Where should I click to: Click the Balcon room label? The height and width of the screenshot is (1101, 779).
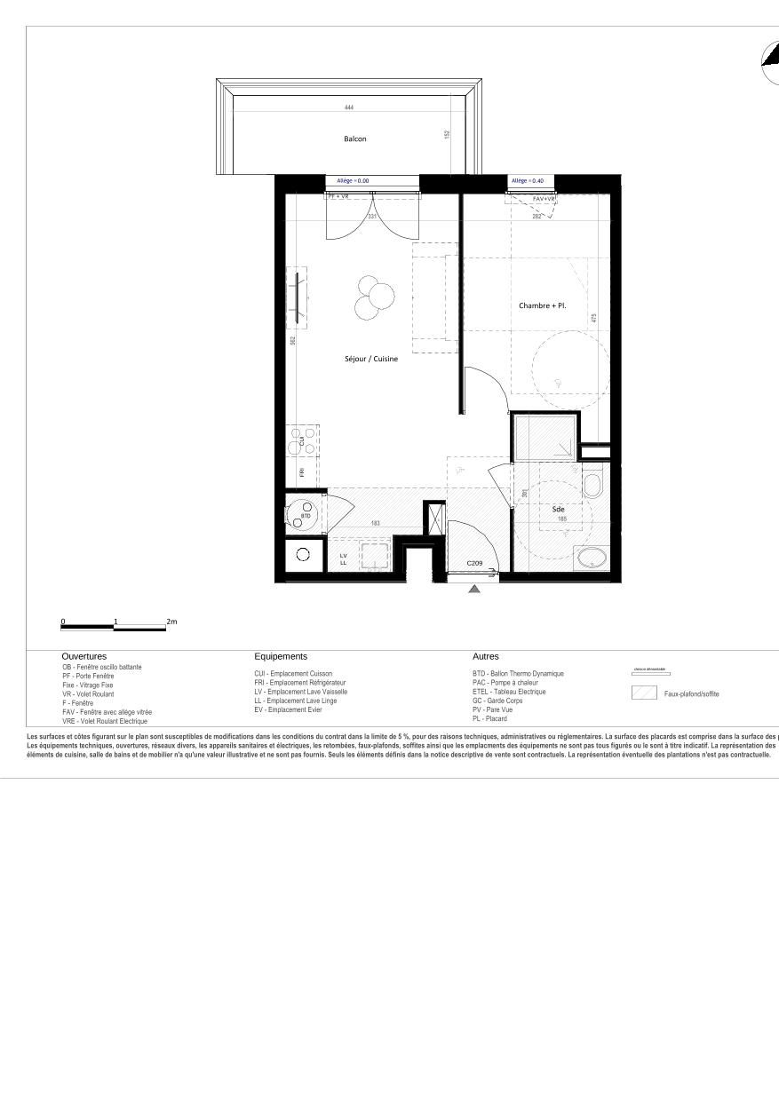pos(354,139)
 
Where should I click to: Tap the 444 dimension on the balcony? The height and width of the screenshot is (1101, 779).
pos(349,107)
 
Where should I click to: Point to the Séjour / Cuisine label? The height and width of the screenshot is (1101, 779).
pos(371,359)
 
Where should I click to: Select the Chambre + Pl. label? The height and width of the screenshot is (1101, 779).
pos(542,305)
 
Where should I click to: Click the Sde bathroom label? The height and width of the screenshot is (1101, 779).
pos(558,509)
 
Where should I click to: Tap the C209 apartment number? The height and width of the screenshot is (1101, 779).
pos(474,563)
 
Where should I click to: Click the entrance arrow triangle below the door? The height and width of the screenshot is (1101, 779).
pos(474,589)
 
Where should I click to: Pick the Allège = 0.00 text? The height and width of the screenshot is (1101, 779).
pos(353,180)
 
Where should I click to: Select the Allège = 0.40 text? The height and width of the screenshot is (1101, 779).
pos(528,180)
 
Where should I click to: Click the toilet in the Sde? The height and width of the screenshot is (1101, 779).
pos(592,484)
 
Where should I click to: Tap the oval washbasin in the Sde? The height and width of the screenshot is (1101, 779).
pos(591,558)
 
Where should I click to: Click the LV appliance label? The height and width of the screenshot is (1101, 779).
pos(343,556)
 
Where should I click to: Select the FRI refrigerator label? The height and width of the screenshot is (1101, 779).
pos(302,471)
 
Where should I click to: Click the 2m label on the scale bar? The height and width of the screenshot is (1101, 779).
pos(171,622)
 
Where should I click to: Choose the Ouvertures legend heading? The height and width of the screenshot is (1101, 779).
pos(84,656)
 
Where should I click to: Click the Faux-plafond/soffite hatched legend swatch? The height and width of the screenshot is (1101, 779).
pos(644,693)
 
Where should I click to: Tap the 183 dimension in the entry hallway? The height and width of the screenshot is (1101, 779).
pos(376,524)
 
